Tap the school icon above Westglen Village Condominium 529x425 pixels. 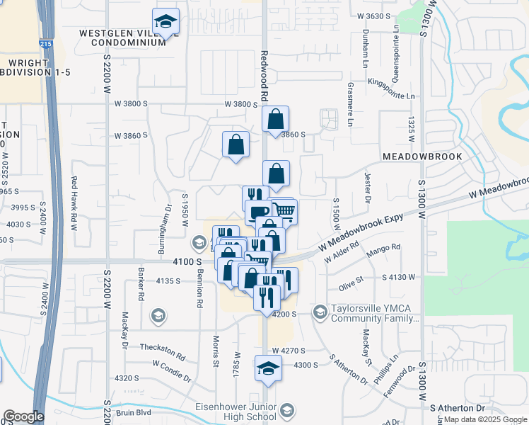pos(165,22)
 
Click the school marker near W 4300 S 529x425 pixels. pos(268,368)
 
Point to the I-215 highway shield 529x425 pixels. pos(45,44)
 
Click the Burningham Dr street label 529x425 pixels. pos(169,222)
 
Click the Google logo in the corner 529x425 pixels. pos(23,416)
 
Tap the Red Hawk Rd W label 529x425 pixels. pos(74,203)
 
